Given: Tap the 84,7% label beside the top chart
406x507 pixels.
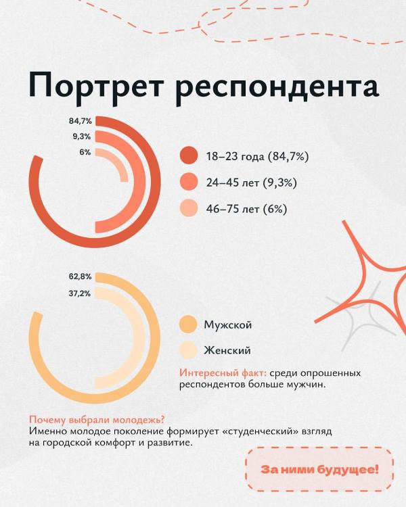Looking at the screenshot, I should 80,121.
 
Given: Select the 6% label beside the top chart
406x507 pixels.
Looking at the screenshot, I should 85,152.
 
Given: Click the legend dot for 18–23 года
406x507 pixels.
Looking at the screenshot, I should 189,157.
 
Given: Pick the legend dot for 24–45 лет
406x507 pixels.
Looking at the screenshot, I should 189,183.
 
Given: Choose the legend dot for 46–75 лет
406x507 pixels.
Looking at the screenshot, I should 189,209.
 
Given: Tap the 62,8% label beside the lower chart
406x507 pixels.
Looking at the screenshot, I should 80,277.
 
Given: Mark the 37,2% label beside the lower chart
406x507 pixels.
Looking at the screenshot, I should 80,293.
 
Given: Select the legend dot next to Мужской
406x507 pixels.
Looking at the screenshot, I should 187,325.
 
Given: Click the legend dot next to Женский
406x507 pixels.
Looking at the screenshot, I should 187,350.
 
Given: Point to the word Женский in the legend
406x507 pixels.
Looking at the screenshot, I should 227,350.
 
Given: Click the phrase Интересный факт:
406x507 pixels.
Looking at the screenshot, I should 223,373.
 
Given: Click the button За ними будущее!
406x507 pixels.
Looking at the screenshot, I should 320,469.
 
